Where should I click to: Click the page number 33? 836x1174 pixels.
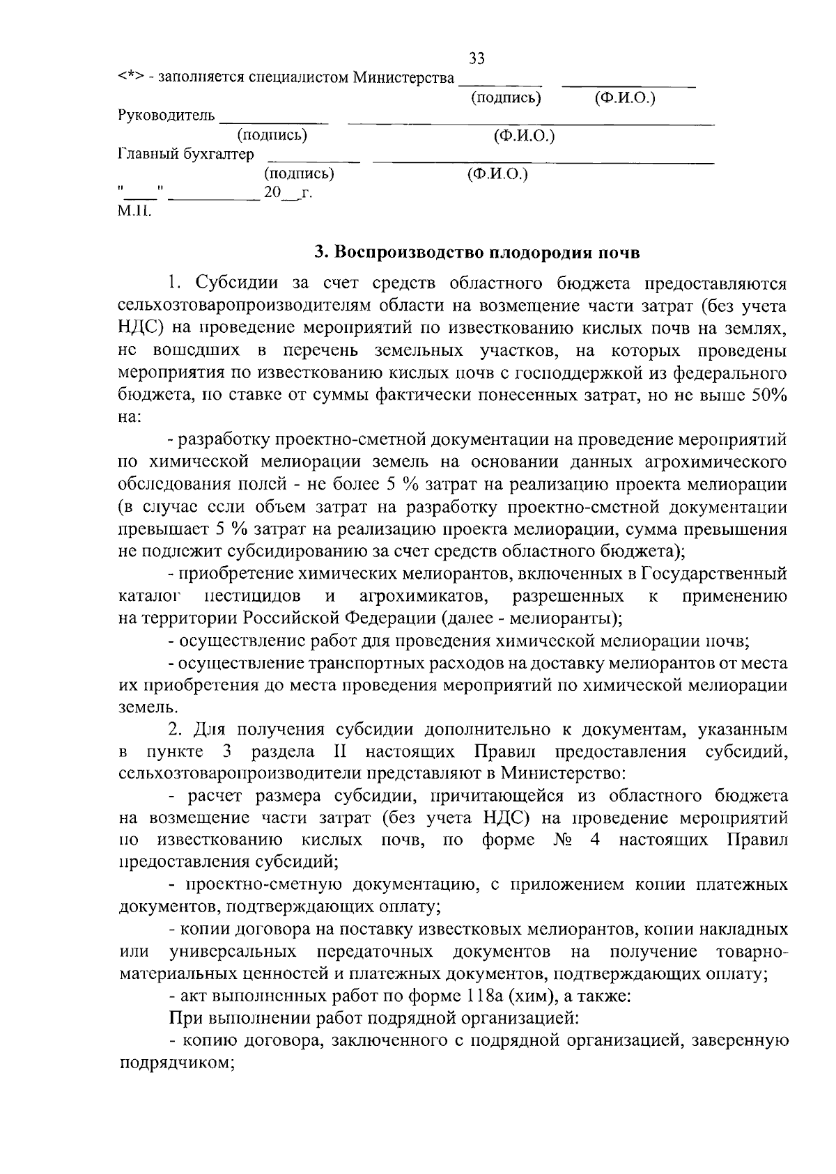tap(477, 58)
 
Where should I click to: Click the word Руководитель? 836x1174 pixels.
tap(167, 116)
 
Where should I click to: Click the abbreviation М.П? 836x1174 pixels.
tap(134, 210)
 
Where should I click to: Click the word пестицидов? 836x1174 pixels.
tap(254, 596)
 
